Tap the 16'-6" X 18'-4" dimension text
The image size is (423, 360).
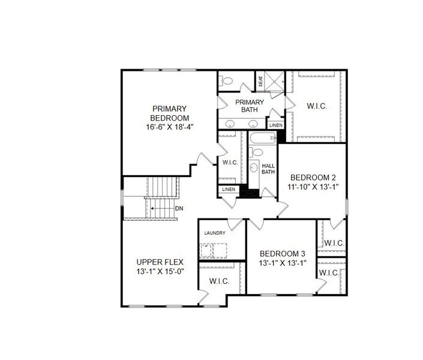point(169,127)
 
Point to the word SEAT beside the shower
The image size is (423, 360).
point(261,80)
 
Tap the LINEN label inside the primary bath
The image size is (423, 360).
point(275,125)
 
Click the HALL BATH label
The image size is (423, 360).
point(268,169)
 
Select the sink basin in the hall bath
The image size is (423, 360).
point(254,168)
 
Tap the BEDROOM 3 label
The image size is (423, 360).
point(281,253)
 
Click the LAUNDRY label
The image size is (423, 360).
point(214,233)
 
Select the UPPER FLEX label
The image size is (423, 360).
point(159,262)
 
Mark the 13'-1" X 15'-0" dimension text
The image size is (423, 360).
point(160,271)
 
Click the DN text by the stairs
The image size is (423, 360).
point(179,208)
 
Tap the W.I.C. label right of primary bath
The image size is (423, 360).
point(316,106)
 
